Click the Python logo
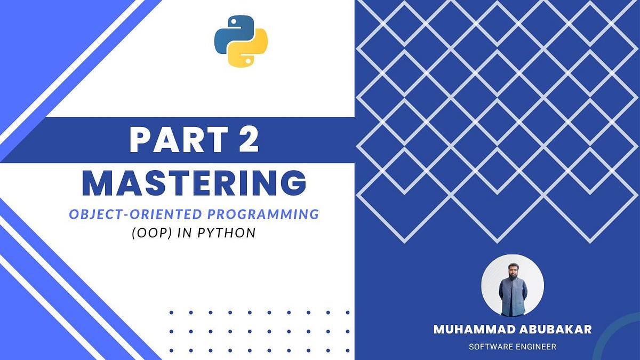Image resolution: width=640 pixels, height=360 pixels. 241,41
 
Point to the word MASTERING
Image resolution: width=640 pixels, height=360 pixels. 194,183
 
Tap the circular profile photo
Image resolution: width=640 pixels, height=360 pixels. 513,285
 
